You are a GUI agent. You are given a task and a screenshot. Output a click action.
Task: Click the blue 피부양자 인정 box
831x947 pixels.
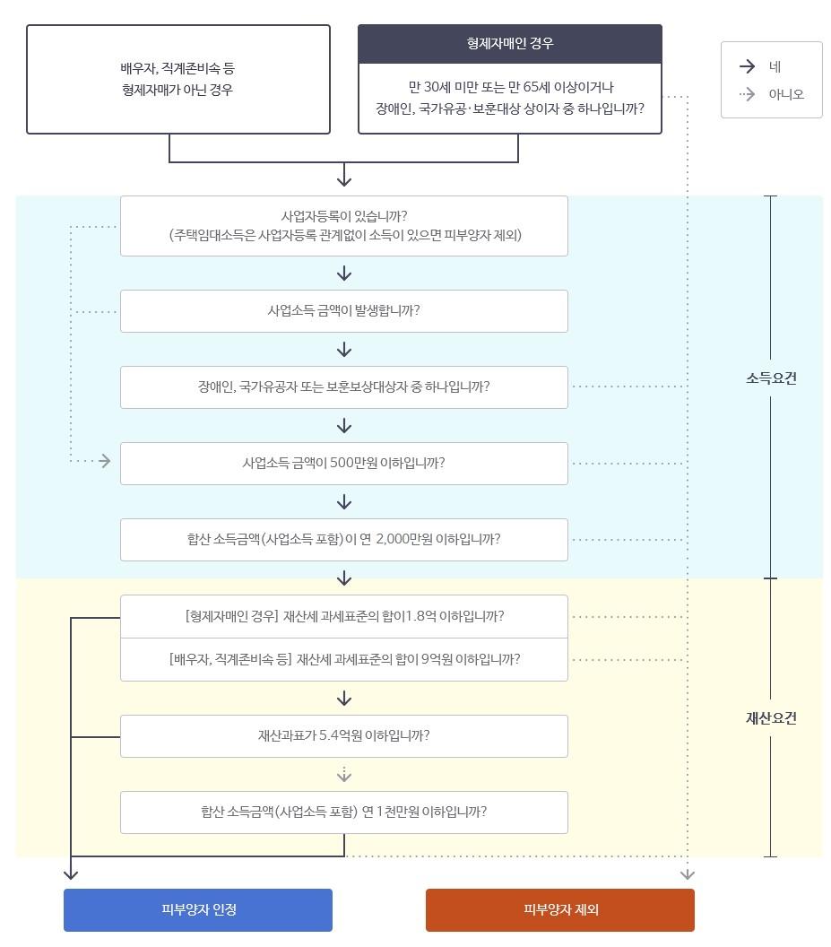pyautogui.click(x=198, y=909)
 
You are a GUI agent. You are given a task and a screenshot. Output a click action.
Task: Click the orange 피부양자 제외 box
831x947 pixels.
pyautogui.click(x=560, y=909)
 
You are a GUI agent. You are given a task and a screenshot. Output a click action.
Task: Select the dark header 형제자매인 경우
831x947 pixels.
pyautogui.click(x=510, y=44)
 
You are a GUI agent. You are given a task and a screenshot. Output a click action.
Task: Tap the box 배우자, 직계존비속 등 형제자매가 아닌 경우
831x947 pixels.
pyautogui.click(x=178, y=79)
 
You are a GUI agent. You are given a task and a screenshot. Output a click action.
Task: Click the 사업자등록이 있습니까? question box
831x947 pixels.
pyautogui.click(x=344, y=226)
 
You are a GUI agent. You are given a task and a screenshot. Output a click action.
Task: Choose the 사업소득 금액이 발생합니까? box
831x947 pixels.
pyautogui.click(x=344, y=311)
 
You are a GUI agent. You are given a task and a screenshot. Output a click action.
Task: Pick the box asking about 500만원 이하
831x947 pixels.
pyautogui.click(x=344, y=464)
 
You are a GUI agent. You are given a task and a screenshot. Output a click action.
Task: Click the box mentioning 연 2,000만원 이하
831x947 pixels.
pyautogui.click(x=344, y=540)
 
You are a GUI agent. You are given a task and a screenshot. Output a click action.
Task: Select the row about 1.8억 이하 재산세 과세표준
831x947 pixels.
pyautogui.click(x=344, y=617)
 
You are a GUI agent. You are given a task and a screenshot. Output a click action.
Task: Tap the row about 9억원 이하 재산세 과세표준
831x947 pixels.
pyautogui.click(x=344, y=659)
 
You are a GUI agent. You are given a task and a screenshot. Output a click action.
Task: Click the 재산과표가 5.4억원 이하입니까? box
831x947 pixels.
pyautogui.click(x=344, y=736)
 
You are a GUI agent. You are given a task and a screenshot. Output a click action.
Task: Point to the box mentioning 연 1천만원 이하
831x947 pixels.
pyautogui.click(x=344, y=812)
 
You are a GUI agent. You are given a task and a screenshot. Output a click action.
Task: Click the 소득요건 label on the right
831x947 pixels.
pyautogui.click(x=771, y=378)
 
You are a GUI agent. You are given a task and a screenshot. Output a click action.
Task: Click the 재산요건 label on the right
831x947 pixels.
pyautogui.click(x=771, y=718)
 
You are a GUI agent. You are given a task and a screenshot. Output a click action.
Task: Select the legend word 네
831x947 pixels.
pyautogui.click(x=775, y=66)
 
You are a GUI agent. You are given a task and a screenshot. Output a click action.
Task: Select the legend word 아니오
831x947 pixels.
pyautogui.click(x=786, y=94)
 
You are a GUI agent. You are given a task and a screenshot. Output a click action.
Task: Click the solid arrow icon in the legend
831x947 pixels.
pyautogui.click(x=747, y=66)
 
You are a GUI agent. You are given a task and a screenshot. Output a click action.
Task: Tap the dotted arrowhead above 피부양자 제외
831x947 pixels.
pyautogui.click(x=688, y=873)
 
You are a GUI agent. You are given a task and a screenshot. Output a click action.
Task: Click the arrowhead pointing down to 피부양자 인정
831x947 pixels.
pyautogui.click(x=72, y=873)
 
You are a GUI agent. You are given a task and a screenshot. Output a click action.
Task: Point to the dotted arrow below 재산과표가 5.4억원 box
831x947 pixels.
pyautogui.click(x=344, y=774)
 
